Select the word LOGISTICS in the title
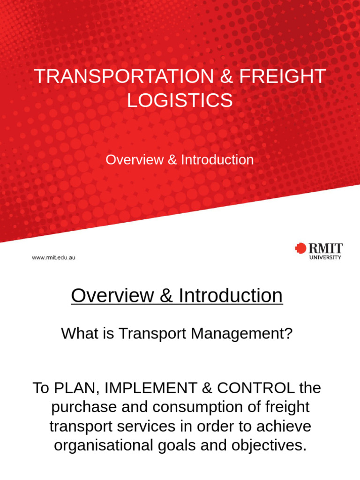[180, 100]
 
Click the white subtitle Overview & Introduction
[180, 160]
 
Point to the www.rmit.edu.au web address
[53, 258]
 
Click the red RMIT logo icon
[300, 248]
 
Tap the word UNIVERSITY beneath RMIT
[325, 257]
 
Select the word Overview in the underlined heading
[112, 296]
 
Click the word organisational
[103, 445]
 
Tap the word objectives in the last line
[264, 445]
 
